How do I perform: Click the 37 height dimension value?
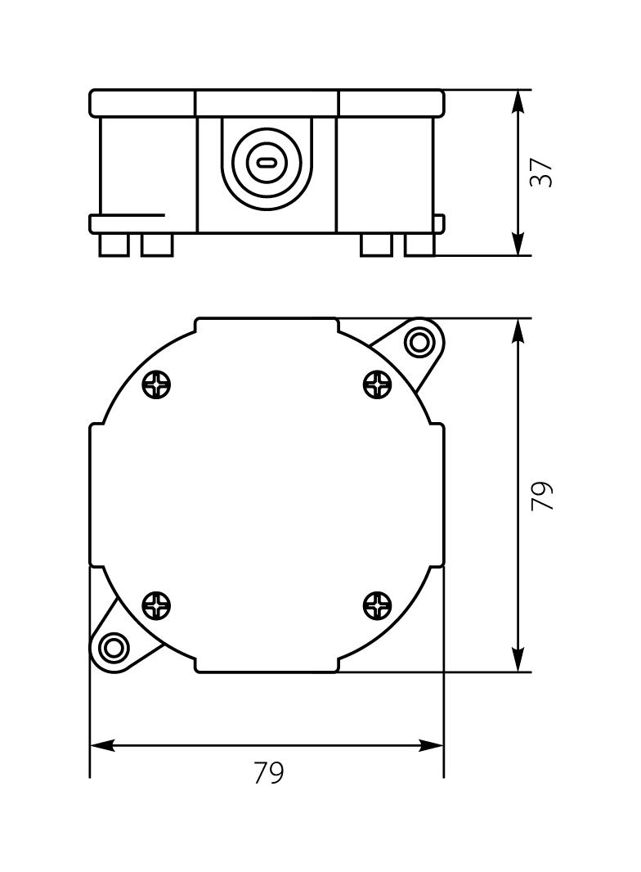click(x=541, y=173)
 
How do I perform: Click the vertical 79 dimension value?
click(x=542, y=496)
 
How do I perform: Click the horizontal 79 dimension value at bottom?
click(x=268, y=773)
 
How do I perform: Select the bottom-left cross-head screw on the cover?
click(x=156, y=606)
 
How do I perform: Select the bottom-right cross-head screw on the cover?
click(x=378, y=606)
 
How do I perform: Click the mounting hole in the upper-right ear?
click(x=420, y=341)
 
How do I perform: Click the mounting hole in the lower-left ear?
click(x=113, y=650)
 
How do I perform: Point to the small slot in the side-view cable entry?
click(x=267, y=162)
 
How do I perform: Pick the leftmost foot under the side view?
click(x=114, y=245)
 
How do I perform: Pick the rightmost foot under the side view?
click(x=420, y=245)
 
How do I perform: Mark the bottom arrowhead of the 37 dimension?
click(x=518, y=245)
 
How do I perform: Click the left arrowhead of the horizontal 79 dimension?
click(x=101, y=745)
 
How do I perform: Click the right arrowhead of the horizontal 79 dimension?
click(x=432, y=745)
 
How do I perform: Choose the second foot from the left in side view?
click(x=157, y=245)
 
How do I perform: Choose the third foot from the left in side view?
click(x=376, y=245)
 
